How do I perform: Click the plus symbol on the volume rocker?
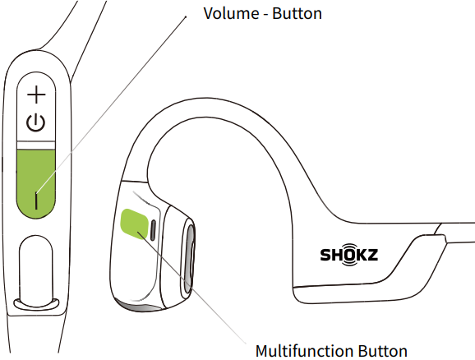click(x=36, y=95)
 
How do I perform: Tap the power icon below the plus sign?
click(x=35, y=123)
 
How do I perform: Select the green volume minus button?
click(x=35, y=183)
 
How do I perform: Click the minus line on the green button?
click(x=36, y=201)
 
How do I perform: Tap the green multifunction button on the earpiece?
click(x=134, y=224)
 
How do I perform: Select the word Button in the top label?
click(x=297, y=13)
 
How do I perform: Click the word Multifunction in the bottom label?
click(x=305, y=351)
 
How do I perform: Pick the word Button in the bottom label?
click(x=383, y=351)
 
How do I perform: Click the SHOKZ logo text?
click(x=349, y=255)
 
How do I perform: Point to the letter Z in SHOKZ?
click(x=371, y=255)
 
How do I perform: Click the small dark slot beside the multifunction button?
click(x=154, y=230)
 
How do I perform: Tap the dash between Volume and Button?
click(x=265, y=15)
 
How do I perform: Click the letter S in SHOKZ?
click(x=325, y=255)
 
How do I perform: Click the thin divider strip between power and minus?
click(x=35, y=145)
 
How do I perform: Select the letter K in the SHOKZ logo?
click(x=361, y=255)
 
